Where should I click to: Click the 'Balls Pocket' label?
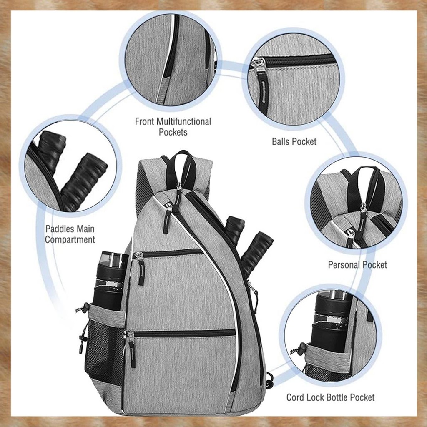[x=294, y=142]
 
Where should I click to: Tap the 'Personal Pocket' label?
[x=357, y=265]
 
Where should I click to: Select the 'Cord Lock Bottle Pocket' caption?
[x=330, y=397]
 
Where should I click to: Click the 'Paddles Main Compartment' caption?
[x=70, y=234]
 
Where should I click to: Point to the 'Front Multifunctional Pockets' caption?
[x=173, y=127]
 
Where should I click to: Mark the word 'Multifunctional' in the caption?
[x=184, y=121]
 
